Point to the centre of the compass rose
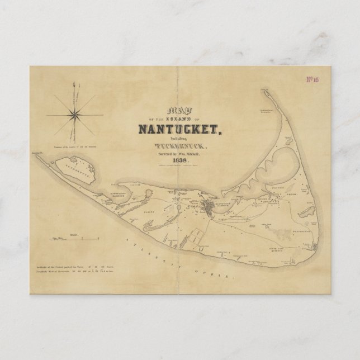click(x=74, y=115)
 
